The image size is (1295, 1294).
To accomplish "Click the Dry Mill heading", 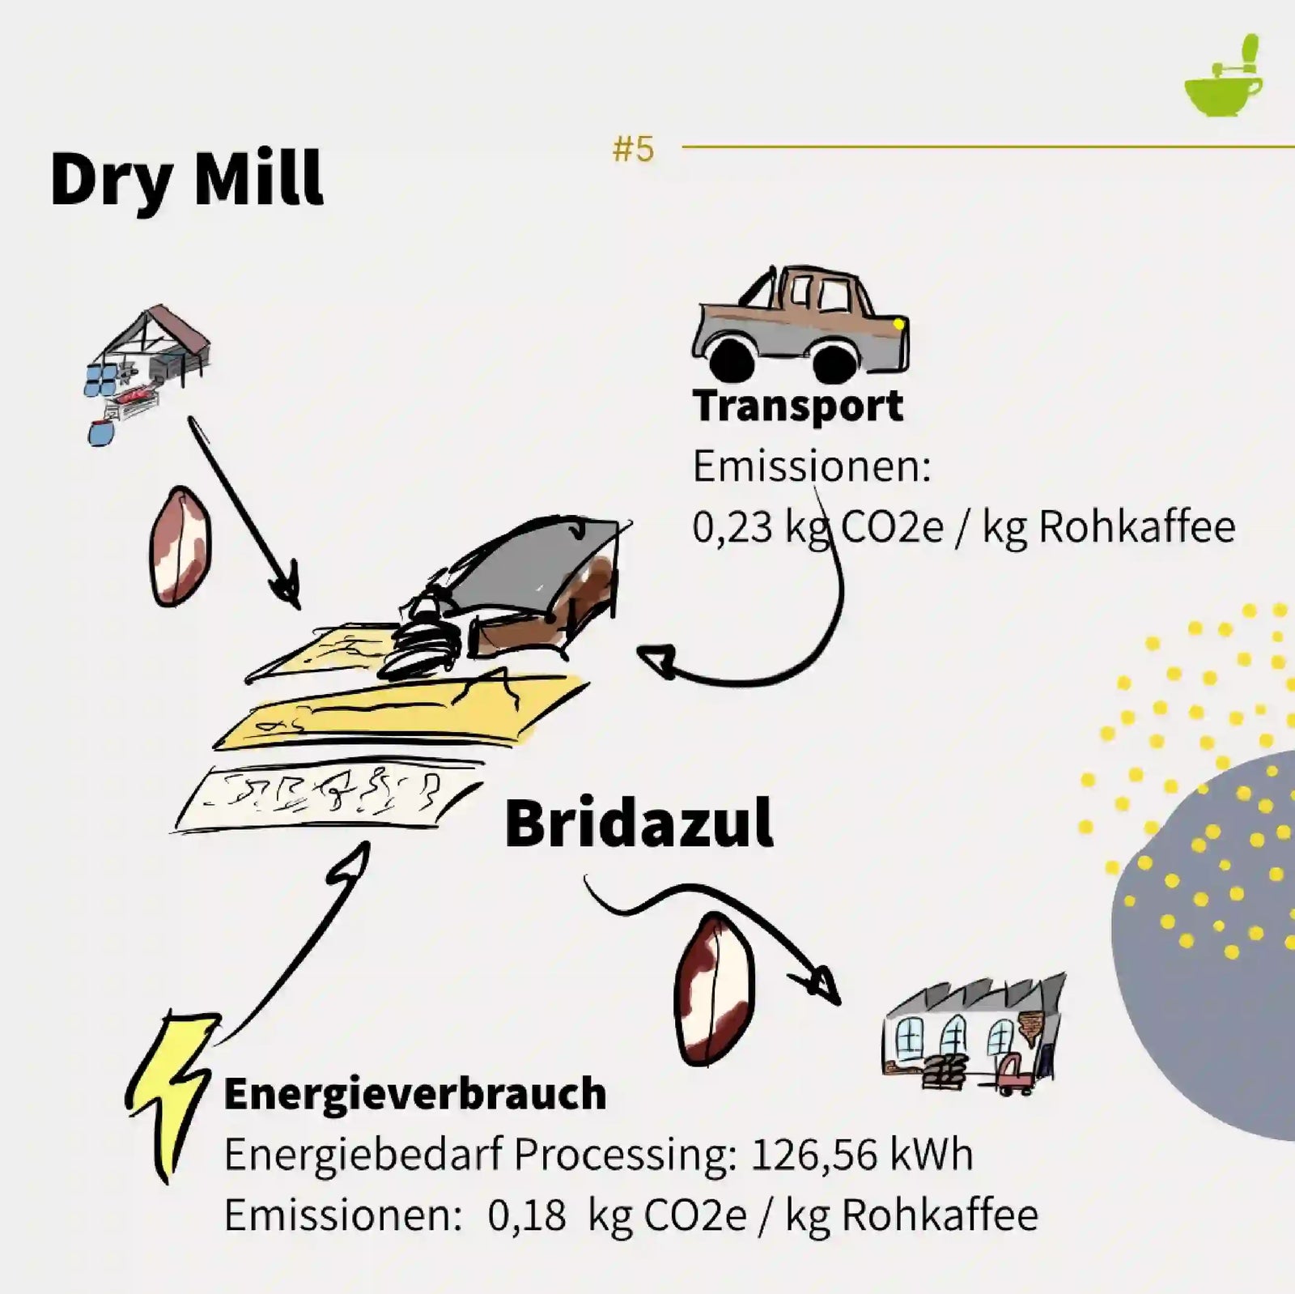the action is pyautogui.click(x=186, y=181).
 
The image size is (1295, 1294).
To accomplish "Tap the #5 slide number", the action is pyautogui.click(x=633, y=149).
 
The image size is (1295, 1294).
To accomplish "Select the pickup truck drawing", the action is pyautogui.click(x=800, y=323).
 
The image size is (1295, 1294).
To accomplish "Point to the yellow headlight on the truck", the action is pyautogui.click(x=898, y=325).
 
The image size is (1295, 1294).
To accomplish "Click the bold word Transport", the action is pyautogui.click(x=797, y=406).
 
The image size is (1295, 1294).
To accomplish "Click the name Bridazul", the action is pyautogui.click(x=639, y=824).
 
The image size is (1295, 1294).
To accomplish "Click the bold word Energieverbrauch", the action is pyautogui.click(x=414, y=1094).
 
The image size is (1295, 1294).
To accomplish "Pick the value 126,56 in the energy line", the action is pyautogui.click(x=814, y=1155).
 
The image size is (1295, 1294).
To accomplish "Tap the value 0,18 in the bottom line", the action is pyautogui.click(x=526, y=1215).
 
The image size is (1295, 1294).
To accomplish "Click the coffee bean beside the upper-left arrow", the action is pyautogui.click(x=180, y=546).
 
